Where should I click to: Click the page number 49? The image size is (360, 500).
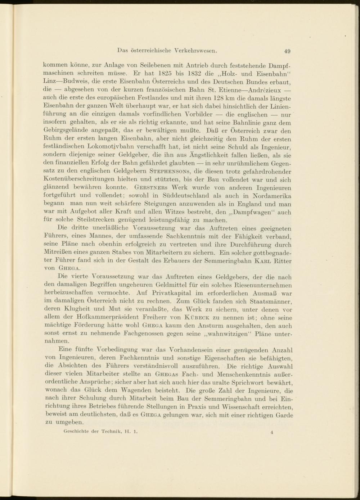click(287, 51)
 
